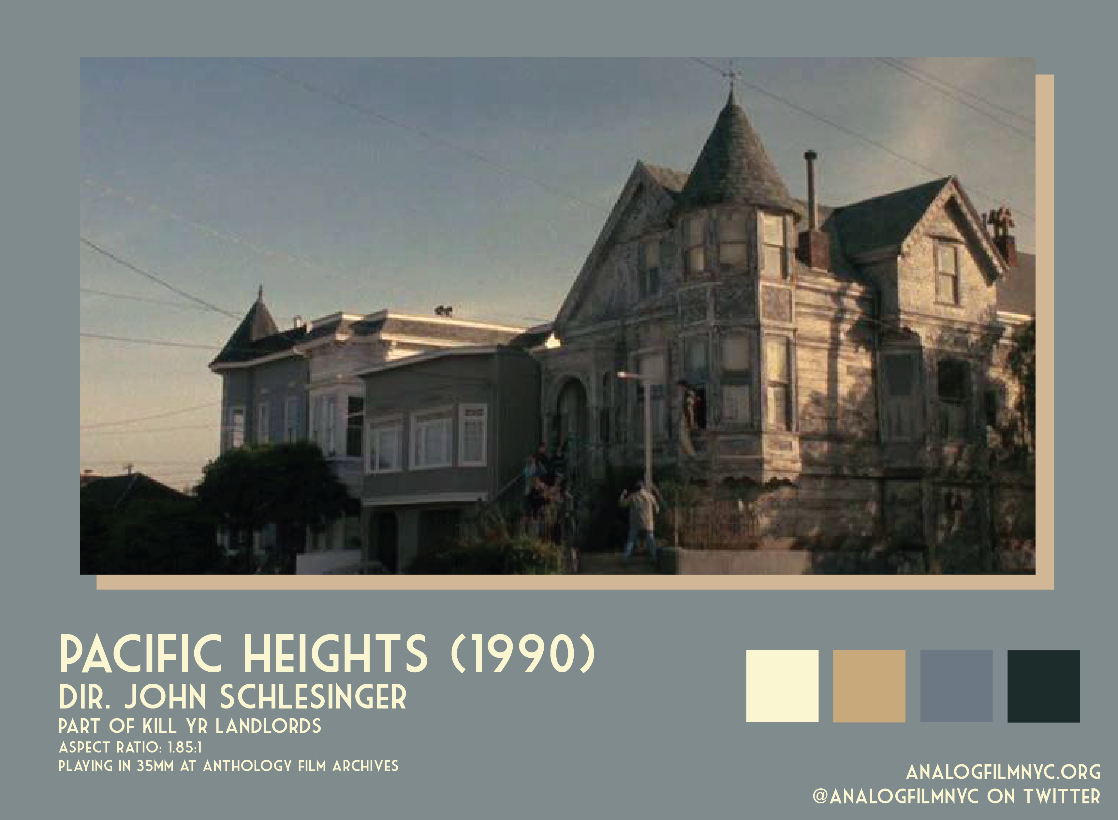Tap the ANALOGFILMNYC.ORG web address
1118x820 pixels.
[x=1003, y=772]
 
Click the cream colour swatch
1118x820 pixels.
[x=782, y=686]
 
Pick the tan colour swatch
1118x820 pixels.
[x=869, y=686]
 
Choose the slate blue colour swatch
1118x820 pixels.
[x=956, y=686]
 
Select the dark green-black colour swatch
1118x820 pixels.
[x=1044, y=686]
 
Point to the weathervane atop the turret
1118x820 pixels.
[x=731, y=77]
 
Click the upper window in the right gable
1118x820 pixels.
[x=946, y=273]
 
